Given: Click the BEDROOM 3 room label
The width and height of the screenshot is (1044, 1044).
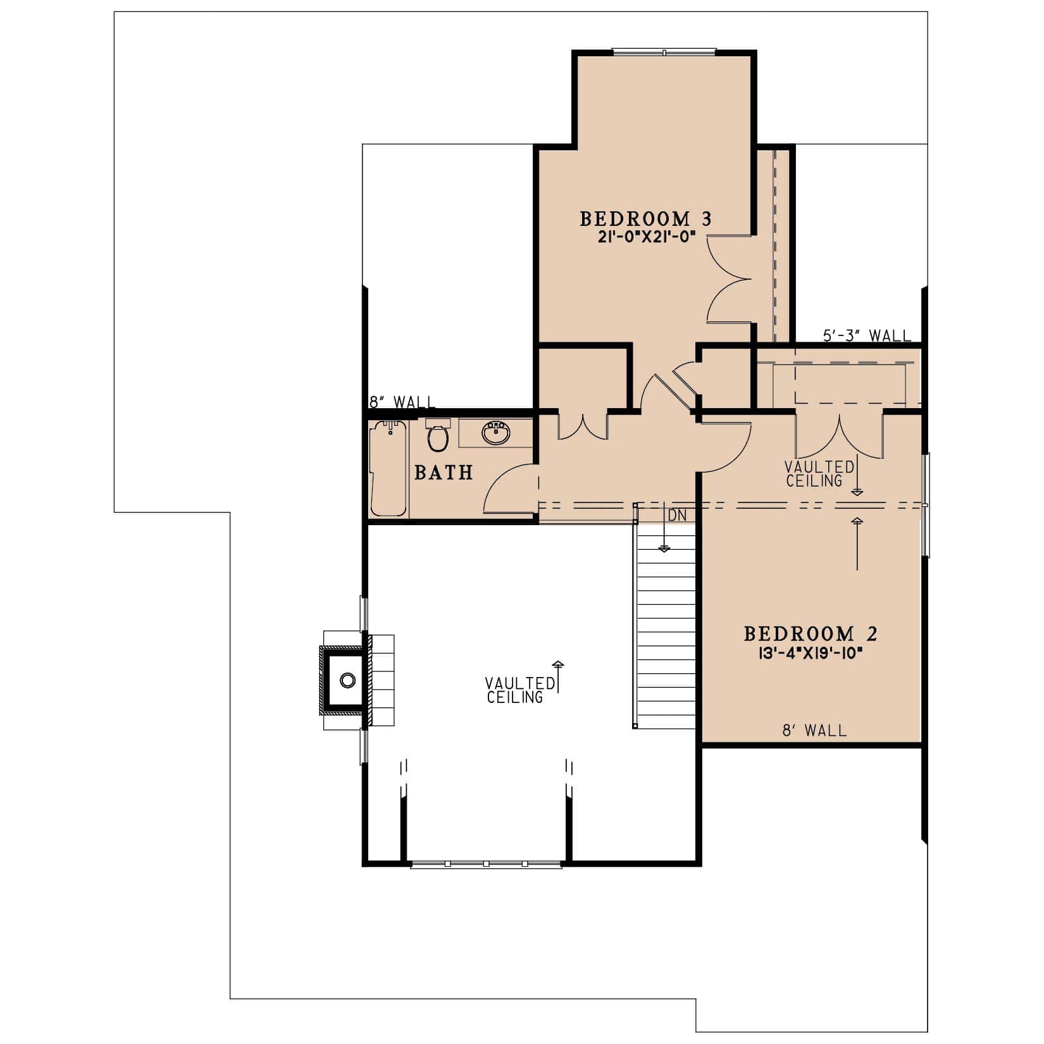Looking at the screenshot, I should coord(645,219).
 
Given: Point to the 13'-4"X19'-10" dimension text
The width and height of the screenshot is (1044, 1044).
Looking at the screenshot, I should coord(812,652).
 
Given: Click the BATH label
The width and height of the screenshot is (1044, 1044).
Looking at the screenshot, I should coord(444,472).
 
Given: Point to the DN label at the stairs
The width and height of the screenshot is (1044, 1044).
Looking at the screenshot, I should coord(677,516).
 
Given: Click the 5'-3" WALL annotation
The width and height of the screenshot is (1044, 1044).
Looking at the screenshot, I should coord(866,335).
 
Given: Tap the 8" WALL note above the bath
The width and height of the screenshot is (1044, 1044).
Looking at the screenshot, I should coord(402,402).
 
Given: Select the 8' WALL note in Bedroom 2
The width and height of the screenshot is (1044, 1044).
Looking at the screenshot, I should coord(814,731).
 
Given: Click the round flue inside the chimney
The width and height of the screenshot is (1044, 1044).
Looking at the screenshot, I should coord(347,680).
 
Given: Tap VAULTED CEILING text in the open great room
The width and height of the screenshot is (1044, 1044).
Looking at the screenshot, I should coord(519,690).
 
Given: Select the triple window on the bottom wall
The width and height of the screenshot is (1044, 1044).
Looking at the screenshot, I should coord(486,864).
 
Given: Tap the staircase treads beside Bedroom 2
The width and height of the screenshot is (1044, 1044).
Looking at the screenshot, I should coord(666,633).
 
